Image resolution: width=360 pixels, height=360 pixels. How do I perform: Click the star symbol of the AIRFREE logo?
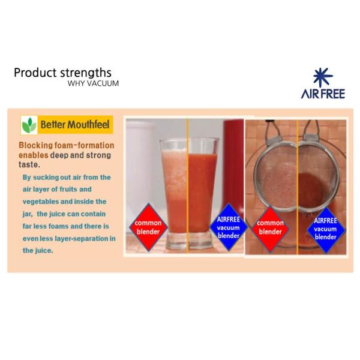(x=322, y=77)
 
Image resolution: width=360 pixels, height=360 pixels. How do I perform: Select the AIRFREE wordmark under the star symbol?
(x=323, y=94)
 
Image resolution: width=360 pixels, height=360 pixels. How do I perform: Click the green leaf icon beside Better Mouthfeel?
(x=29, y=125)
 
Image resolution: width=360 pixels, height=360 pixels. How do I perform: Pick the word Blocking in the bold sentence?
(x=37, y=145)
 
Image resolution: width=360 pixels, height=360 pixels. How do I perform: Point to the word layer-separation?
(x=88, y=238)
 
